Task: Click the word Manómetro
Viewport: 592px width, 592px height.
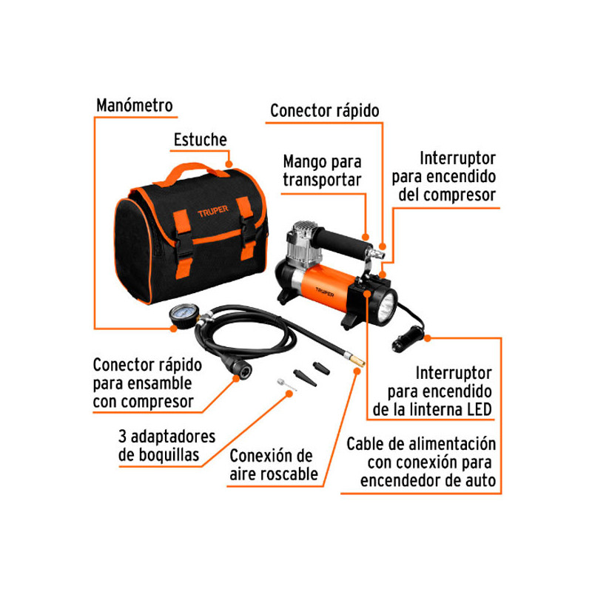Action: (135, 105)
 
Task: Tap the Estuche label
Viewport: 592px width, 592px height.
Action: (200, 140)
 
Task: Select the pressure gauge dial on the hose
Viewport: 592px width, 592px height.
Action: (184, 316)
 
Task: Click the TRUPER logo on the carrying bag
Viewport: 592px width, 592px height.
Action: (213, 211)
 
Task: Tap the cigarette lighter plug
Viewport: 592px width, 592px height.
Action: (408, 337)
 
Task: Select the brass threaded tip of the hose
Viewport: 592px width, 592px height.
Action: (356, 360)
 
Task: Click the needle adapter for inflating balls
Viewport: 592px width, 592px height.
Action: (287, 385)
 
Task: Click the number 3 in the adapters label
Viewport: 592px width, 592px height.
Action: (122, 436)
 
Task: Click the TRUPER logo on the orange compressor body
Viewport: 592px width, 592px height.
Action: (325, 292)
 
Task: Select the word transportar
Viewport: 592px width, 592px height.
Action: (322, 181)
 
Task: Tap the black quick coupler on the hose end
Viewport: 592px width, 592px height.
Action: (237, 368)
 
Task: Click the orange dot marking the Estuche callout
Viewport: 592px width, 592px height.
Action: (229, 164)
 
